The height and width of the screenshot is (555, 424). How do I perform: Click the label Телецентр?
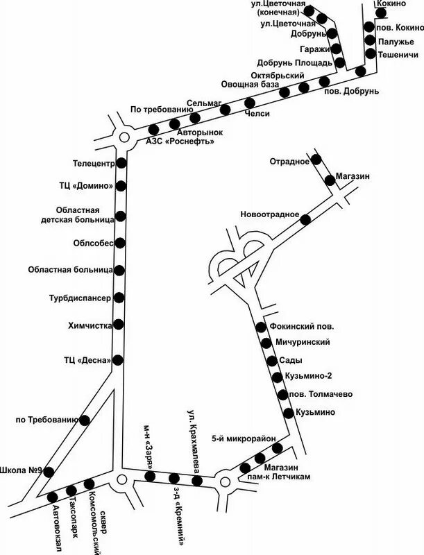[93, 164]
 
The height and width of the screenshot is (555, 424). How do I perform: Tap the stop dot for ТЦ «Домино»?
[121, 185]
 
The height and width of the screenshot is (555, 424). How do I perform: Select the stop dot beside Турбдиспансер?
[119, 298]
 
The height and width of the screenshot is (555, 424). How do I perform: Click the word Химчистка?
[90, 325]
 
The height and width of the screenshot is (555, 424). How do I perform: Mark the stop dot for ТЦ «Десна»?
[118, 359]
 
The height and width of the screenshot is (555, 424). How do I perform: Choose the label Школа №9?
[23, 470]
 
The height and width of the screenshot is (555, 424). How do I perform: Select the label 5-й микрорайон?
[244, 438]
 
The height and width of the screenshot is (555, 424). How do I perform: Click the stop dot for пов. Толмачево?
[282, 395]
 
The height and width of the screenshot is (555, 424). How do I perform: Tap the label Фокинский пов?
[305, 326]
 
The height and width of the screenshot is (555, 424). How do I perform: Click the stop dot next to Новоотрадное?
[305, 219]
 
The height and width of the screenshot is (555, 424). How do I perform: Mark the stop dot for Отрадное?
[316, 160]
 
